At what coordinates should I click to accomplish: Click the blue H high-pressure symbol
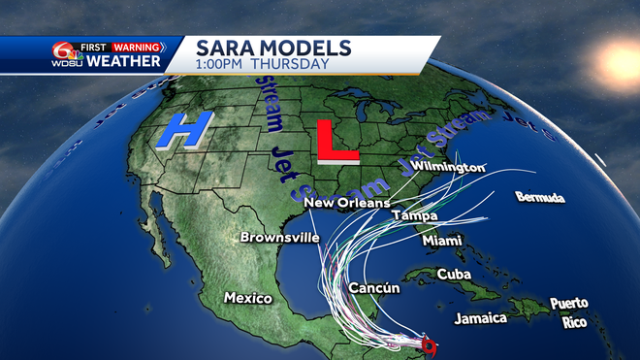tap(184, 131)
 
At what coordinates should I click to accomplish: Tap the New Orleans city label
tap(346, 203)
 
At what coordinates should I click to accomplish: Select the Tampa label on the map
tap(414, 215)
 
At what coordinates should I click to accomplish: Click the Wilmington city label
tap(448, 167)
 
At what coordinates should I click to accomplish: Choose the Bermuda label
tap(540, 197)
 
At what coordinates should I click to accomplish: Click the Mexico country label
tap(247, 298)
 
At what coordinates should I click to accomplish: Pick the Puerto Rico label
tap(568, 311)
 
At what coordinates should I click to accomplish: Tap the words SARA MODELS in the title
tap(262, 48)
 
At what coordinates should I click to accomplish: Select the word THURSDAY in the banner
tap(290, 65)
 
